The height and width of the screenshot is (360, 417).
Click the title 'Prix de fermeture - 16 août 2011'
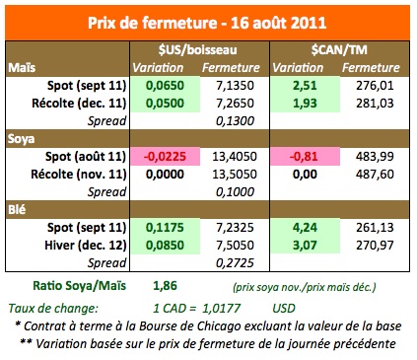pyautogui.click(x=207, y=22)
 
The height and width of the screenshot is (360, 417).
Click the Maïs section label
pyautogui.click(x=23, y=68)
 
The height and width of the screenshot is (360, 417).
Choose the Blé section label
pyautogui.click(x=19, y=210)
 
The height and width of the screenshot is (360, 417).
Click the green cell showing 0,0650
pyautogui.click(x=167, y=86)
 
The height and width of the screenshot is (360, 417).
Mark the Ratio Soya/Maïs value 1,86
pyautogui.click(x=166, y=285)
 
